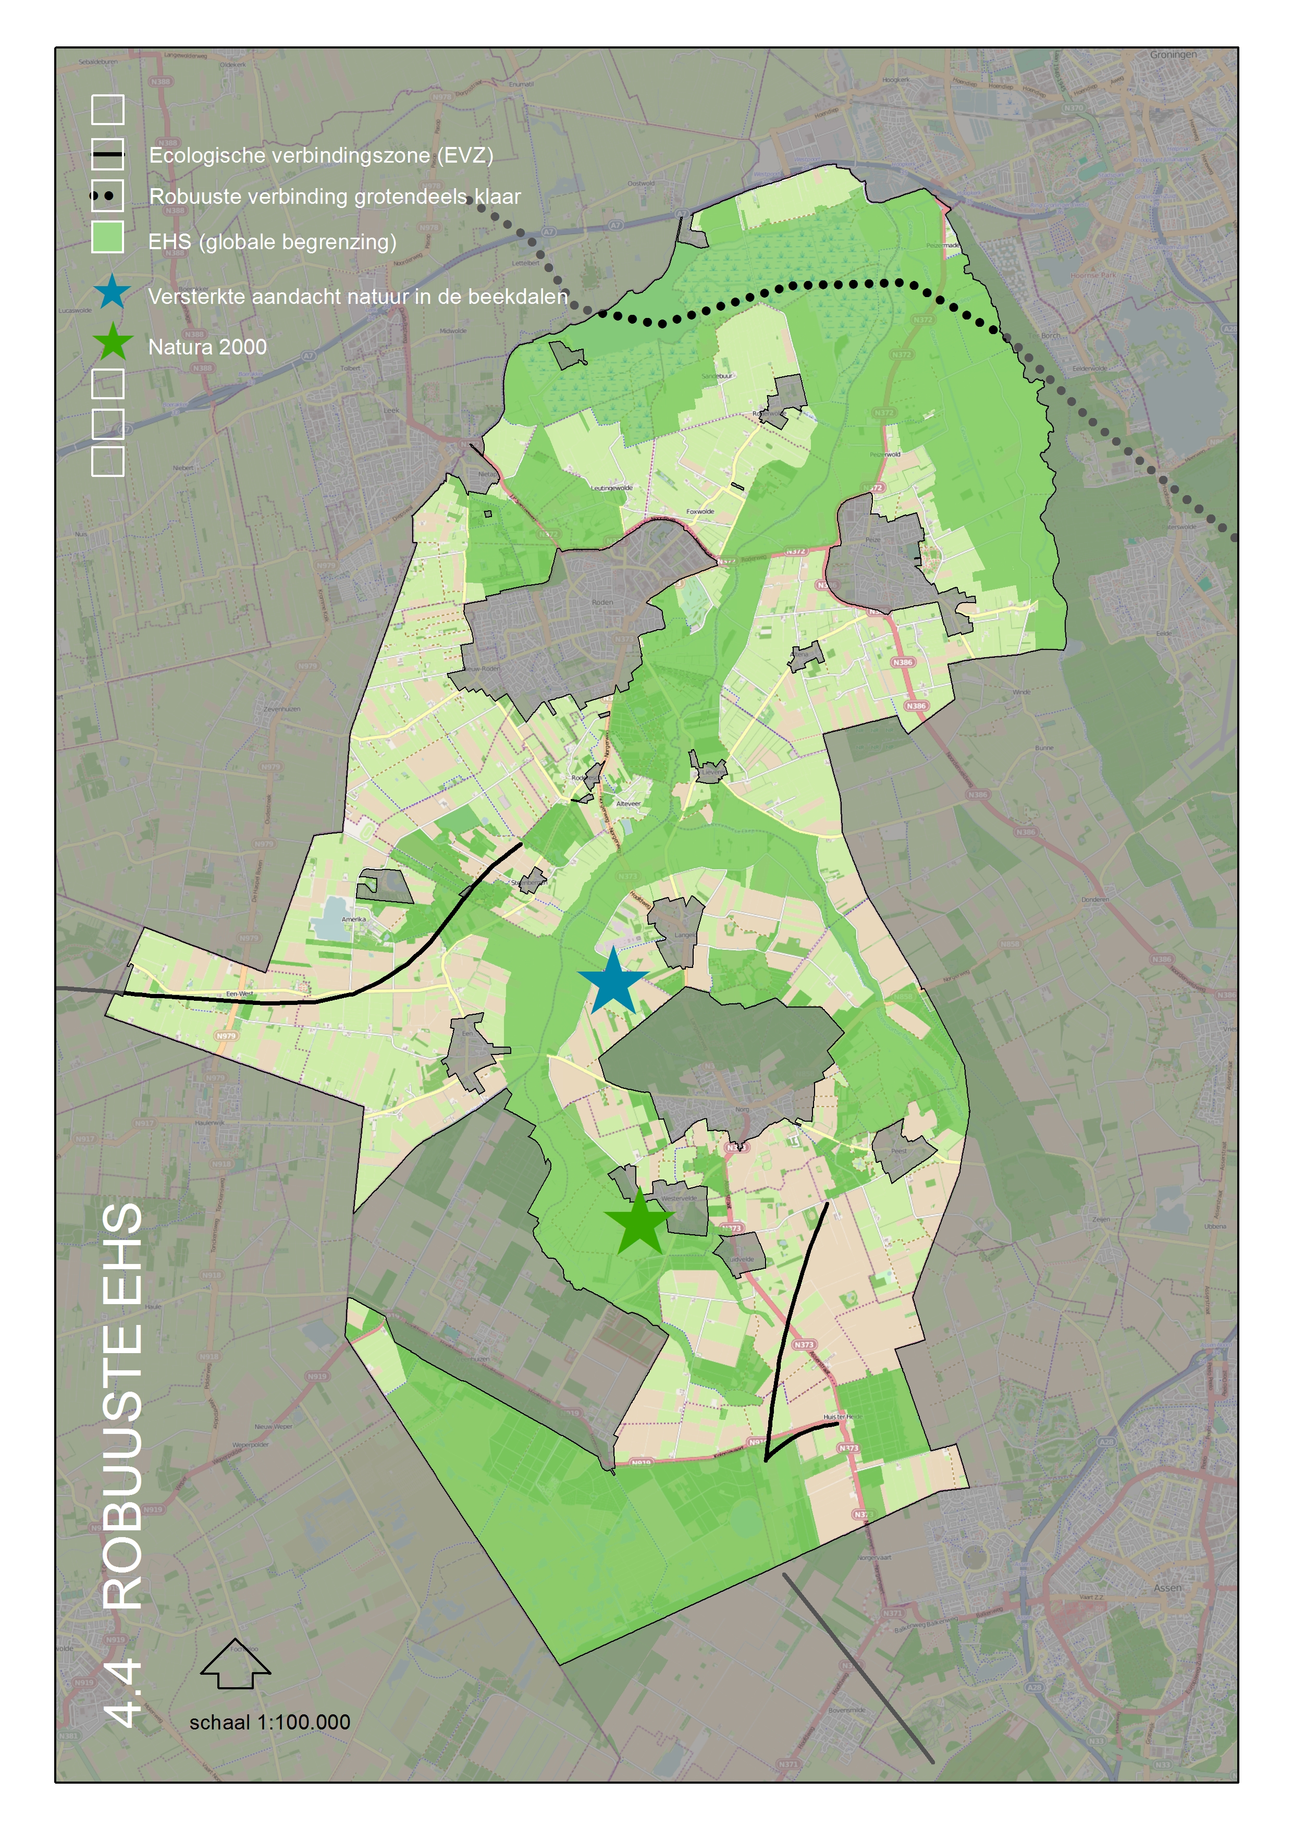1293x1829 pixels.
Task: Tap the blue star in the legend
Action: tap(113, 292)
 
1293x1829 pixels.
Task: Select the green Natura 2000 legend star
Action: tap(113, 342)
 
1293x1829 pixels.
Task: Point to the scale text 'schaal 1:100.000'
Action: tap(269, 1722)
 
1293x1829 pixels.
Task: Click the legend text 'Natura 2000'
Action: tap(207, 347)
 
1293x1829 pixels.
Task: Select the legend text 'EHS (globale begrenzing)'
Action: tap(272, 241)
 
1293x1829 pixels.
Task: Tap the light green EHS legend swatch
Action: tap(107, 237)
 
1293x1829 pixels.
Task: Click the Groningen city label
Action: tap(1173, 55)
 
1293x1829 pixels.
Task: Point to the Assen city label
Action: tap(1167, 1588)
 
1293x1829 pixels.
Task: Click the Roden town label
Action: tap(602, 602)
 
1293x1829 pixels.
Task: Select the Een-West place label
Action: tap(240, 993)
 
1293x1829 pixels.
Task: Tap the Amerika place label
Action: tap(354, 919)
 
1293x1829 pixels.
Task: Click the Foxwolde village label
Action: tap(700, 511)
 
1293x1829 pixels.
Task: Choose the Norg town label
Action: tap(742, 1109)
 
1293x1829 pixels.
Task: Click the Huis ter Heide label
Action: tap(842, 1417)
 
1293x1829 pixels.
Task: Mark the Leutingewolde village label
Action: tap(611, 487)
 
